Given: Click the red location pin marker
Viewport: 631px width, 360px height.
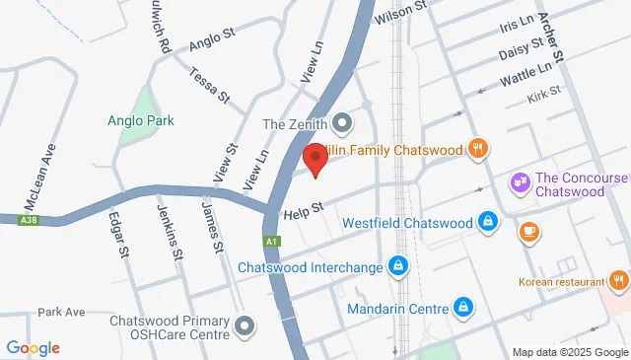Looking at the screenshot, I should click(x=315, y=158).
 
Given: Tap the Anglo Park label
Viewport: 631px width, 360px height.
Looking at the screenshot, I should click(x=141, y=120).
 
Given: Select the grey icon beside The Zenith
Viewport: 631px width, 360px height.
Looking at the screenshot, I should click(x=343, y=124).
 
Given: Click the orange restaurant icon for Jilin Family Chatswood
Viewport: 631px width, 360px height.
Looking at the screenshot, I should click(x=478, y=149).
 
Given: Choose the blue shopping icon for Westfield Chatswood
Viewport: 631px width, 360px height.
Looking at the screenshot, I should click(x=486, y=222).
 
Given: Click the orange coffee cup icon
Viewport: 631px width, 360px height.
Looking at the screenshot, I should click(x=529, y=232).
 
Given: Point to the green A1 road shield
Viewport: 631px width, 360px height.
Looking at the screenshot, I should click(x=272, y=241).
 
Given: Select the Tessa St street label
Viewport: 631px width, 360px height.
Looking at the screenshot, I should click(x=209, y=87).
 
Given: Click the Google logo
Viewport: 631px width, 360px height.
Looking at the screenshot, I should click(x=33, y=347).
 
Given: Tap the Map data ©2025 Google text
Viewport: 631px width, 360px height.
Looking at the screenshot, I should click(x=569, y=352).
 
